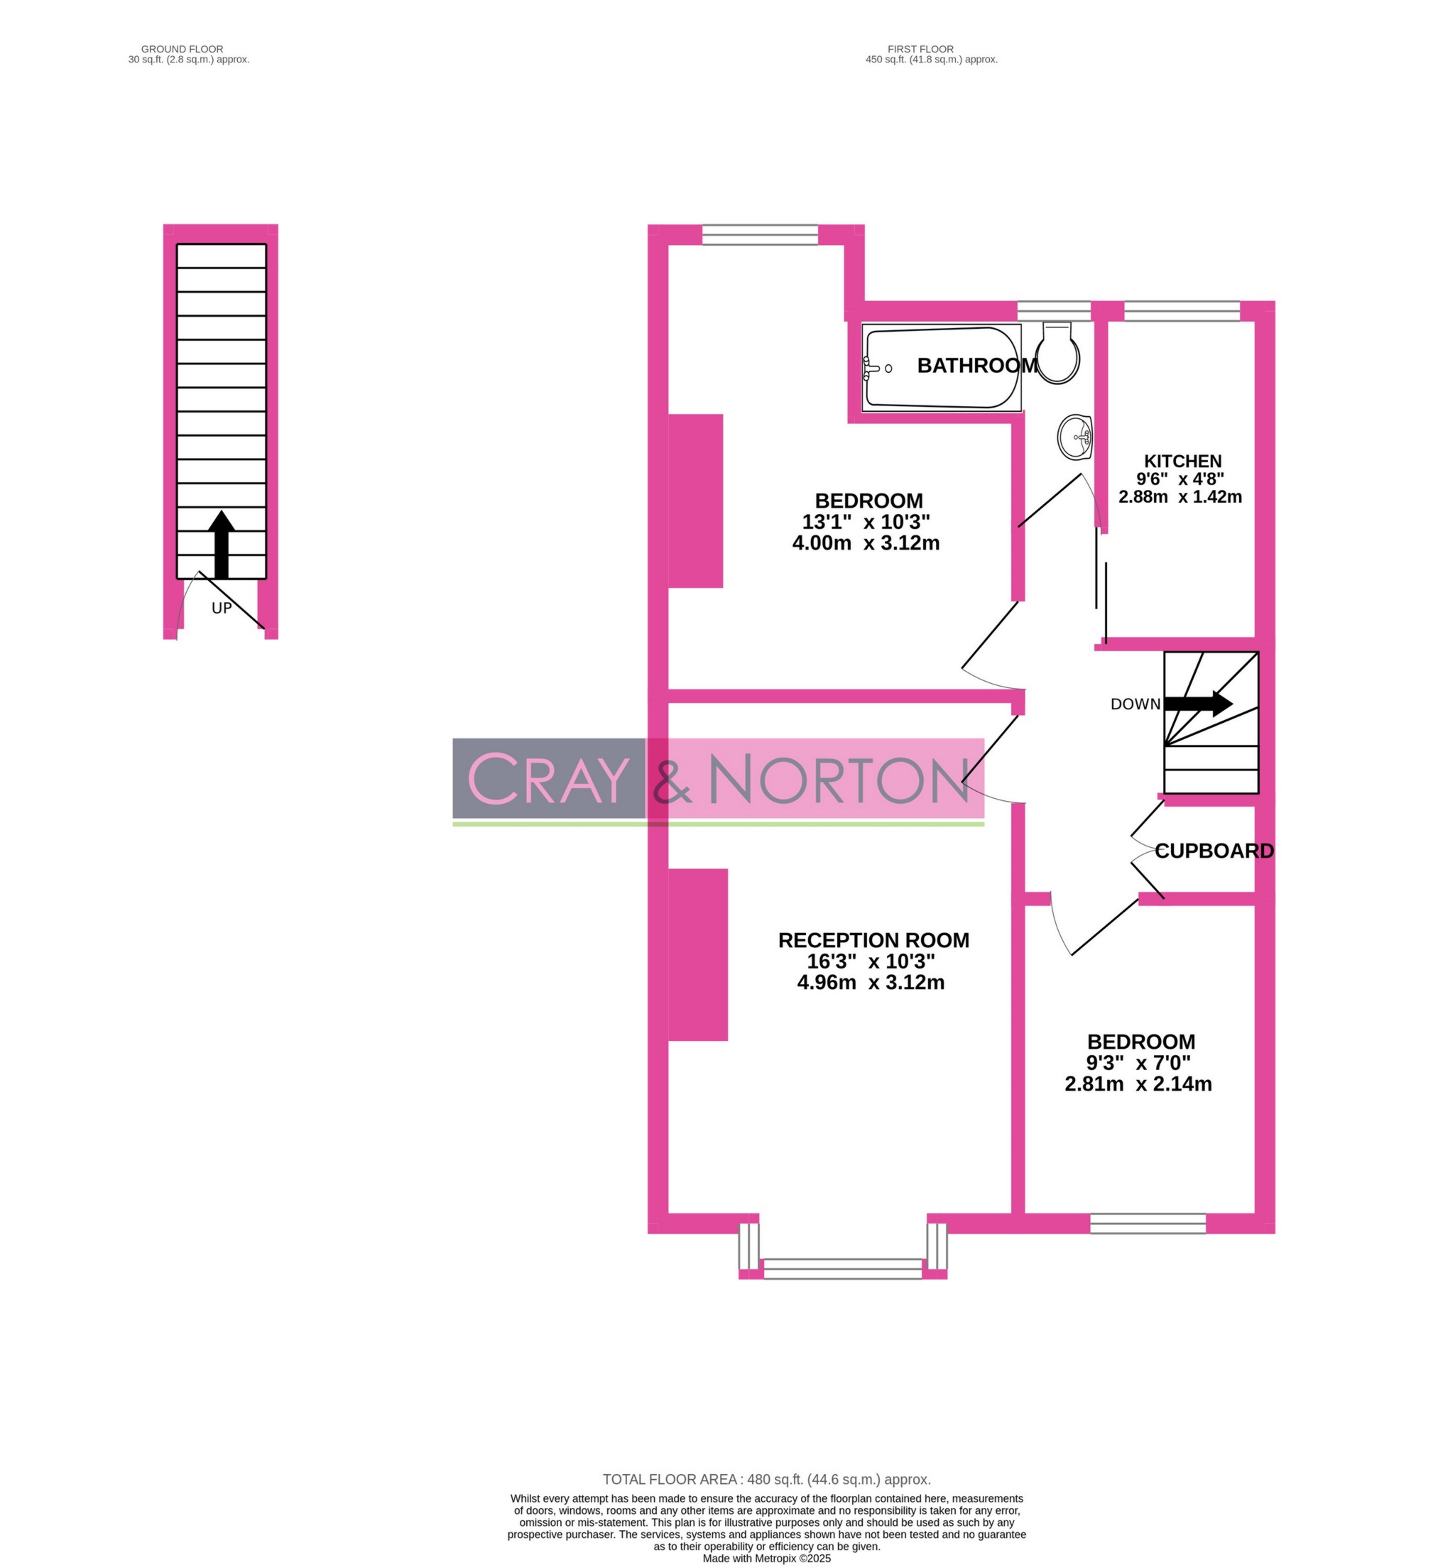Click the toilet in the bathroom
click(x=1057, y=355)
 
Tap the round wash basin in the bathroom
click(x=1075, y=438)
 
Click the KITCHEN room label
click(x=1182, y=462)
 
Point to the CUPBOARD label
click(x=1214, y=851)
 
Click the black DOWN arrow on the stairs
click(x=1199, y=704)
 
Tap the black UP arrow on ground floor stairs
click(x=222, y=545)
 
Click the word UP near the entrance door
click(x=222, y=609)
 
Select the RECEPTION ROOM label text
click(x=873, y=940)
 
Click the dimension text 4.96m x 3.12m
click(x=871, y=983)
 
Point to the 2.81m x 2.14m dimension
click(x=1138, y=1084)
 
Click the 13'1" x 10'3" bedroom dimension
click(x=866, y=521)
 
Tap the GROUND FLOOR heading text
click(x=182, y=49)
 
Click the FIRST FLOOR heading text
click(x=920, y=49)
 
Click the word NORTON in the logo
click(x=839, y=780)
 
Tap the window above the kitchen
click(x=1181, y=311)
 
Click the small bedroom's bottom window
click(x=1148, y=1224)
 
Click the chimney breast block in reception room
click(x=698, y=955)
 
